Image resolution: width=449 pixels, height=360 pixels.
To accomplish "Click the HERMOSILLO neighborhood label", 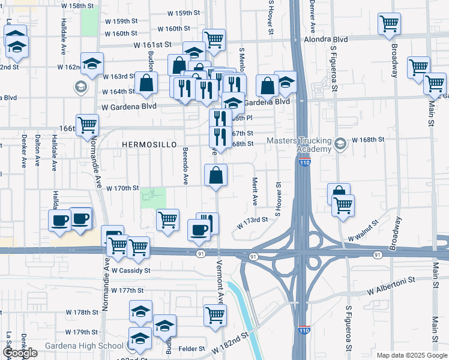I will pyautogui.click(x=146, y=145).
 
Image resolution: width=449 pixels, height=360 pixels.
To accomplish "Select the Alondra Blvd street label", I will pyautogui.click(x=330, y=39).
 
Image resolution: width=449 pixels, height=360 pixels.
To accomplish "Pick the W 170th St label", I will pyautogui.click(x=122, y=188).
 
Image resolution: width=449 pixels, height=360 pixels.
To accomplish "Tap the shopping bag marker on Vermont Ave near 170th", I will pyautogui.click(x=216, y=176).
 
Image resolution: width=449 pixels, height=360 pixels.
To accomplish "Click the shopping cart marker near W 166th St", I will pyautogui.click(x=88, y=125).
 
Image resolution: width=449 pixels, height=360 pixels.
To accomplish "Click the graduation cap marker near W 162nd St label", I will pyautogui.click(x=93, y=63).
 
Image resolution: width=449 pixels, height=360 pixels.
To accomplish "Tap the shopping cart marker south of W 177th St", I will pyautogui.click(x=215, y=314).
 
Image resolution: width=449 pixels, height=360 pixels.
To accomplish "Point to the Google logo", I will pyautogui.click(x=20, y=353).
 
